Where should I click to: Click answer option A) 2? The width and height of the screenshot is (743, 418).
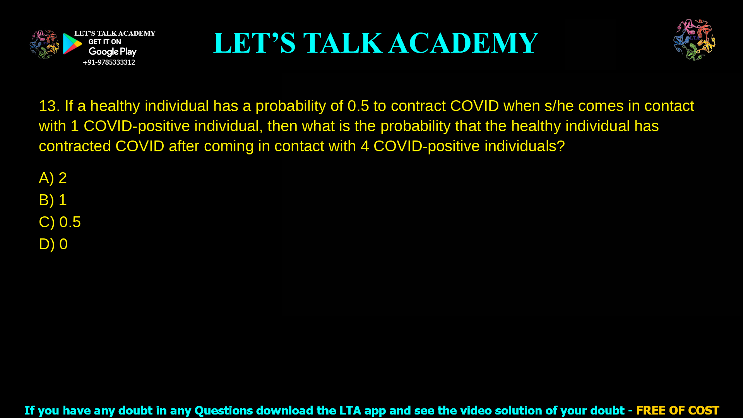[x=53, y=178]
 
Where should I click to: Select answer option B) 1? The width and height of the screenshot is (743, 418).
[x=53, y=200]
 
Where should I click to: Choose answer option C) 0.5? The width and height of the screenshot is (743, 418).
[x=60, y=222]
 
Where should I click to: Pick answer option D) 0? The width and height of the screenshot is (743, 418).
[x=53, y=244]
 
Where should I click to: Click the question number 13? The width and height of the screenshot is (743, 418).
[x=49, y=106]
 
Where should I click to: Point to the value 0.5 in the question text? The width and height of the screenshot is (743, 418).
[x=358, y=106]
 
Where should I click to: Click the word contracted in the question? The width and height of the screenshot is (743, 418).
[x=75, y=146]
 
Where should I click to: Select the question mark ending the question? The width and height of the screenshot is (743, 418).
[x=561, y=146]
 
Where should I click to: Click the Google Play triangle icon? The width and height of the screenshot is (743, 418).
[x=72, y=44]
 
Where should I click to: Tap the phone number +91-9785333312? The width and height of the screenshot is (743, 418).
[x=109, y=62]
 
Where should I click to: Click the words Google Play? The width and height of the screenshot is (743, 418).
[x=113, y=51]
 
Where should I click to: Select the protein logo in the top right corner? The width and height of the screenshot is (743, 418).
[x=694, y=39]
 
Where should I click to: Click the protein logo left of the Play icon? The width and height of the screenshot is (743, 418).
[x=44, y=44]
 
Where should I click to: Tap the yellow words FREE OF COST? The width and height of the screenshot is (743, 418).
[x=678, y=410]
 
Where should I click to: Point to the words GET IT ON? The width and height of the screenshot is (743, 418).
[x=104, y=42]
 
